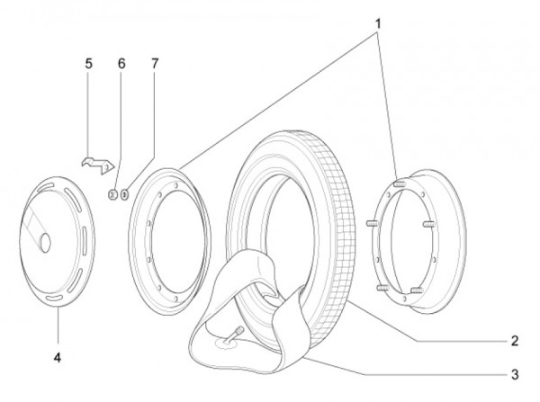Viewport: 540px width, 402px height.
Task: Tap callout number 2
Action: (x=514, y=341)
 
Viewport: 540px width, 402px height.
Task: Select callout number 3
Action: (x=514, y=371)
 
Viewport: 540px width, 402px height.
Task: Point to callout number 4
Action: (x=57, y=357)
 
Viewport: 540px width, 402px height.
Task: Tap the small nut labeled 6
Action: (x=112, y=193)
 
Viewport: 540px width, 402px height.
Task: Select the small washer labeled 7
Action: (x=125, y=193)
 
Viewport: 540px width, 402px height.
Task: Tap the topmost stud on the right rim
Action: (x=400, y=182)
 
